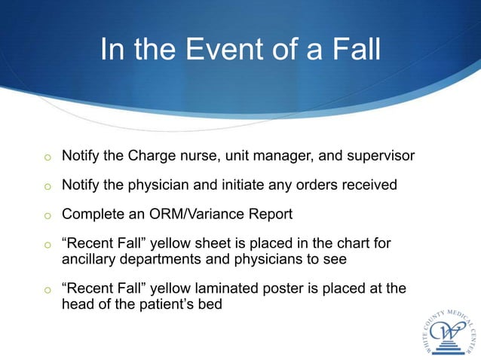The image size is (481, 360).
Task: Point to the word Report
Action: (x=270, y=213)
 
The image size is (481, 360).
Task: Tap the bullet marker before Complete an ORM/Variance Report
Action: (x=47, y=215)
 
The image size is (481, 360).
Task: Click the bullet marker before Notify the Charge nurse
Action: (x=47, y=157)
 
